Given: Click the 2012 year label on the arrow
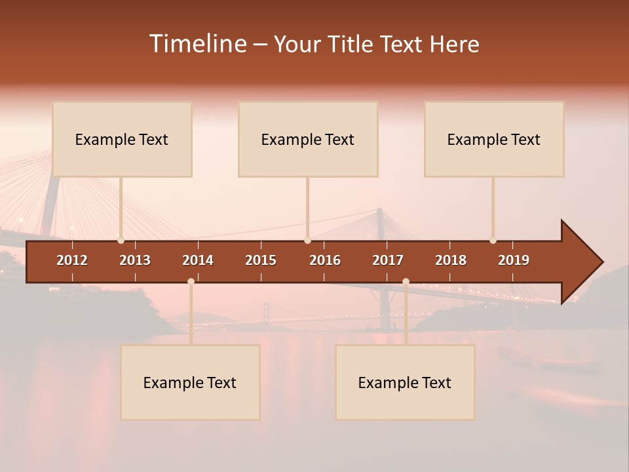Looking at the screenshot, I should point(72,260).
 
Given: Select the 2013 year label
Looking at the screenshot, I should point(135,260).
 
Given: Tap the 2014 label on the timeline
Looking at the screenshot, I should point(198,260).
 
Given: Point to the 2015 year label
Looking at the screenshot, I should point(261,260).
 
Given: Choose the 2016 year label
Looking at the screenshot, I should point(325,260).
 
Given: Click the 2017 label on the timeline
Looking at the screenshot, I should point(388,260).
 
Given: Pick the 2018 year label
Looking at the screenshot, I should point(451,260).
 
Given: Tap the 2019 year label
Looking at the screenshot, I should point(514,260).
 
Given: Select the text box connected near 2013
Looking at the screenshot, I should point(122,139).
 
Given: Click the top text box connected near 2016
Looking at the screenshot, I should point(308,139).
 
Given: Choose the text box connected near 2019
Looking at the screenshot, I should point(494,139).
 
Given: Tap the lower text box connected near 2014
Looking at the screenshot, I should point(190,382).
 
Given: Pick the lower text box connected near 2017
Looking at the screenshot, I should point(405,382).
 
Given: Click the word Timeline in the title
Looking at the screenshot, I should point(197,44).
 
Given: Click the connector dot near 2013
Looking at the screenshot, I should point(121,241).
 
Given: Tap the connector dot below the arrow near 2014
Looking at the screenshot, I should point(191,282).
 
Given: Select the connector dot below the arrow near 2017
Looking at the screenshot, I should point(406,282).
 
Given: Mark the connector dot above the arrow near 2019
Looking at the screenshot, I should point(493,241).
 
